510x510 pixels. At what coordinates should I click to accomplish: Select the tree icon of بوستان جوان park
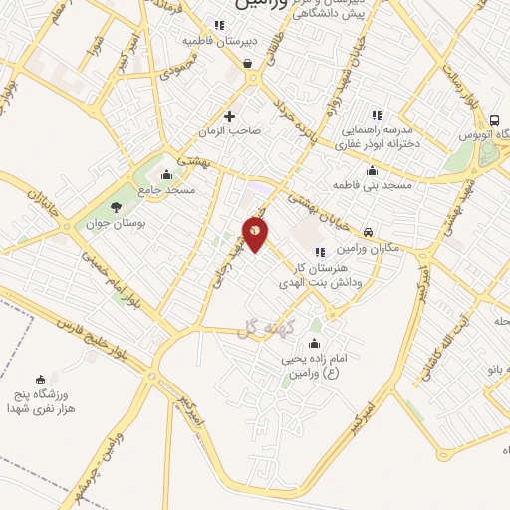pyautogui.click(x=117, y=207)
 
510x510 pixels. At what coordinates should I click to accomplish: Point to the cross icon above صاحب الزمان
pyautogui.click(x=230, y=116)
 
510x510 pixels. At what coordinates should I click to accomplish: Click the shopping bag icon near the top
pyautogui.click(x=247, y=63)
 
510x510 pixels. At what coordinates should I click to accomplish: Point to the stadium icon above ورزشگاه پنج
pyautogui.click(x=40, y=379)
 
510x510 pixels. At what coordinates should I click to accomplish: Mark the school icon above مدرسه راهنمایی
pyautogui.click(x=376, y=115)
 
